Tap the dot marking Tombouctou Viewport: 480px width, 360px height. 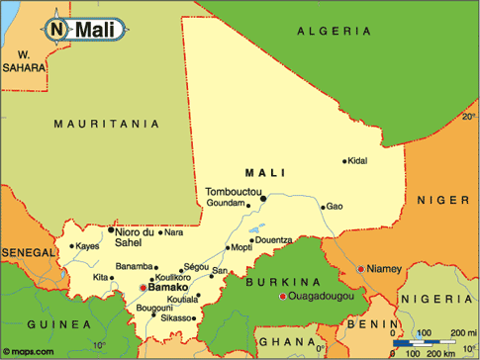[x=264, y=198]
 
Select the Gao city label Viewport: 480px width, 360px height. [x=335, y=207]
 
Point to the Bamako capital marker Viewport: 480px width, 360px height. [x=143, y=288]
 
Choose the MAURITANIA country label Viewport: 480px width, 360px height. [x=106, y=124]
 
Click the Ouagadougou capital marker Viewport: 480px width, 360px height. [x=282, y=296]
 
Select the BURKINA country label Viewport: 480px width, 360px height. [x=279, y=282]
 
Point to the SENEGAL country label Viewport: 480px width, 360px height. [x=27, y=253]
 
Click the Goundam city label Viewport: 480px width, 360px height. [x=226, y=203]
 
